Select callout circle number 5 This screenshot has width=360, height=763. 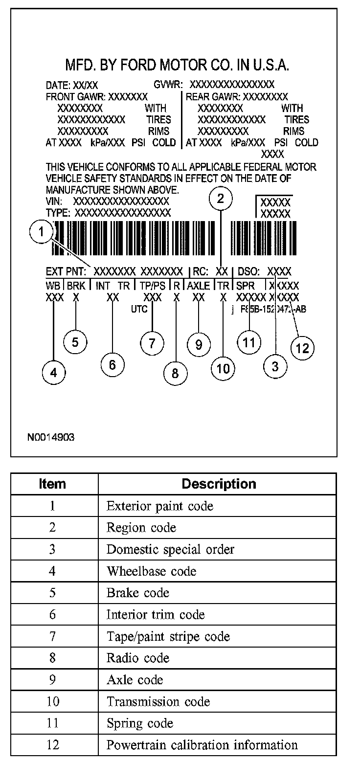[x=75, y=342]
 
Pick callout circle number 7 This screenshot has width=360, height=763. [x=152, y=343]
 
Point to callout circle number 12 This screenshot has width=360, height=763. [x=303, y=348]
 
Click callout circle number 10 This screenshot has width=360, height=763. [x=223, y=368]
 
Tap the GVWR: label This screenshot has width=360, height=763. [x=168, y=85]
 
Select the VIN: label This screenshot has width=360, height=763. [x=54, y=202]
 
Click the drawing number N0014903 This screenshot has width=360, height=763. [x=51, y=437]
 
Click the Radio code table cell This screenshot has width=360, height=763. [x=138, y=658]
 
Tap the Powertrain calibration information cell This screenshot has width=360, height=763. [x=202, y=745]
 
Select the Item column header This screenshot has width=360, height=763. [x=52, y=484]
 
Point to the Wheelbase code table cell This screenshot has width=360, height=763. [x=151, y=571]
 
